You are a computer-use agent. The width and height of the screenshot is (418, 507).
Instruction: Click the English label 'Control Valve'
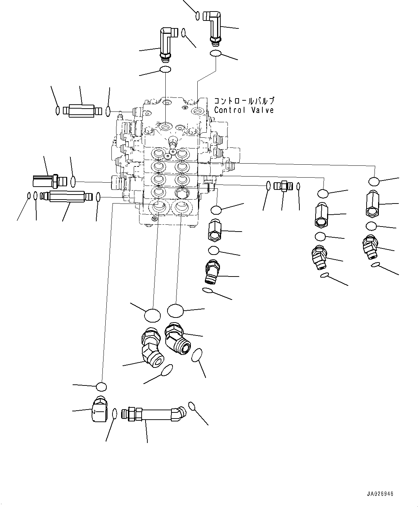pyautogui.click(x=244, y=110)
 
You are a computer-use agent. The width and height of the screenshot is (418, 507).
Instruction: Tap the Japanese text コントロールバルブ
pyautogui.click(x=244, y=101)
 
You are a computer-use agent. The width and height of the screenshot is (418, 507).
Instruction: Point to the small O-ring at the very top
pyautogui.click(x=197, y=16)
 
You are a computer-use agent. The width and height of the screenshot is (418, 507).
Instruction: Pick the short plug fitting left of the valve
pyautogui.click(x=49, y=181)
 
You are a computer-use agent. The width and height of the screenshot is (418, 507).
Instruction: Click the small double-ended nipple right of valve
pyautogui.click(x=283, y=186)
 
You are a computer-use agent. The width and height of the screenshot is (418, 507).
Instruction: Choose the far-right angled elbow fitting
pyautogui.click(x=370, y=246)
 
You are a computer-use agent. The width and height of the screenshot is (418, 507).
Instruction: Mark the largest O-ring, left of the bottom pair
pyautogui.click(x=152, y=315)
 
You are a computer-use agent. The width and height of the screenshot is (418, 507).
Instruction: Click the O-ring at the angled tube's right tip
pyautogui.click(x=192, y=406)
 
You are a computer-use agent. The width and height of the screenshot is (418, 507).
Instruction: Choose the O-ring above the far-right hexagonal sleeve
pyautogui.click(x=373, y=181)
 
